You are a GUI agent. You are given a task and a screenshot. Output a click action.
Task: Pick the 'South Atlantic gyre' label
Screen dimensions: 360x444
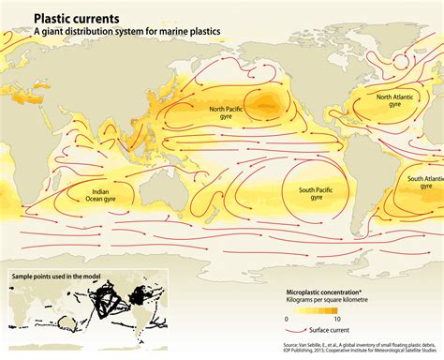point(423,181)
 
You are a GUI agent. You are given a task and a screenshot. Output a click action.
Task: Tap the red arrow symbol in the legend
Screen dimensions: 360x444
point(296,332)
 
